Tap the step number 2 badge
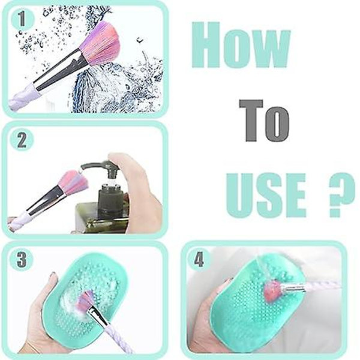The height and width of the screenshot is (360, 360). pyautogui.click(x=22, y=140)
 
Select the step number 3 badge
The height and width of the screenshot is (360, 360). pyautogui.click(x=22, y=260)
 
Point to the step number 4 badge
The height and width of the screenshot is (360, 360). pyautogui.click(x=199, y=259)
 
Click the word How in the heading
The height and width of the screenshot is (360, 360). pyautogui.click(x=241, y=45)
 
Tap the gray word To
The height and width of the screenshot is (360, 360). pyautogui.click(x=264, y=121)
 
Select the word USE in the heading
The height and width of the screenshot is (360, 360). pyautogui.click(x=266, y=196)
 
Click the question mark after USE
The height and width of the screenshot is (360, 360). pyautogui.click(x=341, y=195)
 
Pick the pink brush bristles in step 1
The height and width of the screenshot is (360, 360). pyautogui.click(x=101, y=44)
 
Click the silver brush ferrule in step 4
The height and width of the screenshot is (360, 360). pyautogui.click(x=293, y=287)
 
